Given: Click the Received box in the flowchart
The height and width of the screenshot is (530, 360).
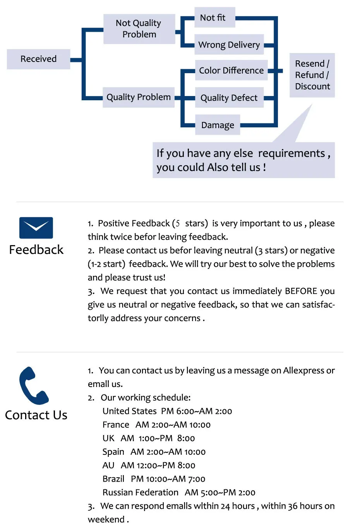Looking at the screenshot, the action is pyautogui.click(x=38, y=59).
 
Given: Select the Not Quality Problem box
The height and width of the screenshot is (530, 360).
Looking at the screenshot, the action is pyautogui.click(x=139, y=29).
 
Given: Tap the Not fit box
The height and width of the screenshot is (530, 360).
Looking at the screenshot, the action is pyautogui.click(x=215, y=17).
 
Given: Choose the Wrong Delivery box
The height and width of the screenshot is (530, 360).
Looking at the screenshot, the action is pyautogui.click(x=229, y=45).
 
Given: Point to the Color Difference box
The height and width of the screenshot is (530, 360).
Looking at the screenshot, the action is pyautogui.click(x=231, y=70).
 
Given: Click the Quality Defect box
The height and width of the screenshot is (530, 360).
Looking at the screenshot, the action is pyautogui.click(x=229, y=98).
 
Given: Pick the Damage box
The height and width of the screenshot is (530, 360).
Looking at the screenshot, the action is pyautogui.click(x=218, y=125).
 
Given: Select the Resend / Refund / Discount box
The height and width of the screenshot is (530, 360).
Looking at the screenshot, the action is pyautogui.click(x=312, y=75).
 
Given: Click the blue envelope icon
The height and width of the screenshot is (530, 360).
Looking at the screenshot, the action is pyautogui.click(x=36, y=228).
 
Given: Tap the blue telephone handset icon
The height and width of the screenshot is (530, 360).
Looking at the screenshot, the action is pyautogui.click(x=33, y=386).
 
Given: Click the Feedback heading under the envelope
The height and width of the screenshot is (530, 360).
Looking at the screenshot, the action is pyautogui.click(x=36, y=250).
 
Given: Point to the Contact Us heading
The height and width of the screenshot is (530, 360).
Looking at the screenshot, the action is pyautogui.click(x=36, y=415).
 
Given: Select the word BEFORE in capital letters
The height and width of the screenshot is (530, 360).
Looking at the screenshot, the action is pyautogui.click(x=301, y=291).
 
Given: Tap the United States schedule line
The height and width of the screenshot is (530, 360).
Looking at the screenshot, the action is pyautogui.click(x=167, y=411).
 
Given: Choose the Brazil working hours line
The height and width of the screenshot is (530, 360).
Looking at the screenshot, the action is pyautogui.click(x=154, y=479).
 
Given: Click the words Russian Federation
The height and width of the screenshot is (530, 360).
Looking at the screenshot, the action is pyautogui.click(x=141, y=492).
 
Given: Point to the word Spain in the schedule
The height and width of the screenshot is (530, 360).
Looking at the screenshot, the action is pyautogui.click(x=113, y=452).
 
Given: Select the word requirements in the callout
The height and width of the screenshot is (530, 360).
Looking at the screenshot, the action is pyautogui.click(x=291, y=154).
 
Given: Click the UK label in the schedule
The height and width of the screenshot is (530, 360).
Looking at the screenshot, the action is pyautogui.click(x=108, y=438).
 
